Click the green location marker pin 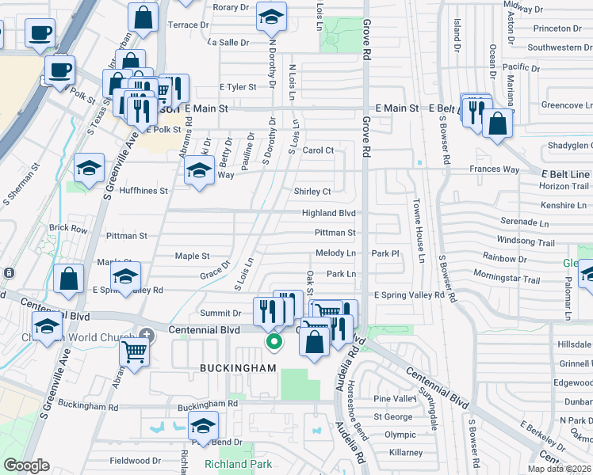(x=274, y=342)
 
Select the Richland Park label (x=238, y=465)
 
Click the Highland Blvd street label (x=328, y=213)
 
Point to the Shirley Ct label (x=312, y=192)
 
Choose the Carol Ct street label (x=318, y=150)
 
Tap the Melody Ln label (x=335, y=253)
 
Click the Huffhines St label (x=143, y=191)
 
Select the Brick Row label (x=68, y=228)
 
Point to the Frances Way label (x=494, y=169)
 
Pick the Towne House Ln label (x=417, y=230)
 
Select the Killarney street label (x=404, y=452)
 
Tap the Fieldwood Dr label (x=135, y=460)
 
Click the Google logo (x=26, y=465)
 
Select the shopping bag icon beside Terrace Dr (x=143, y=17)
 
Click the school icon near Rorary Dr (x=271, y=17)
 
